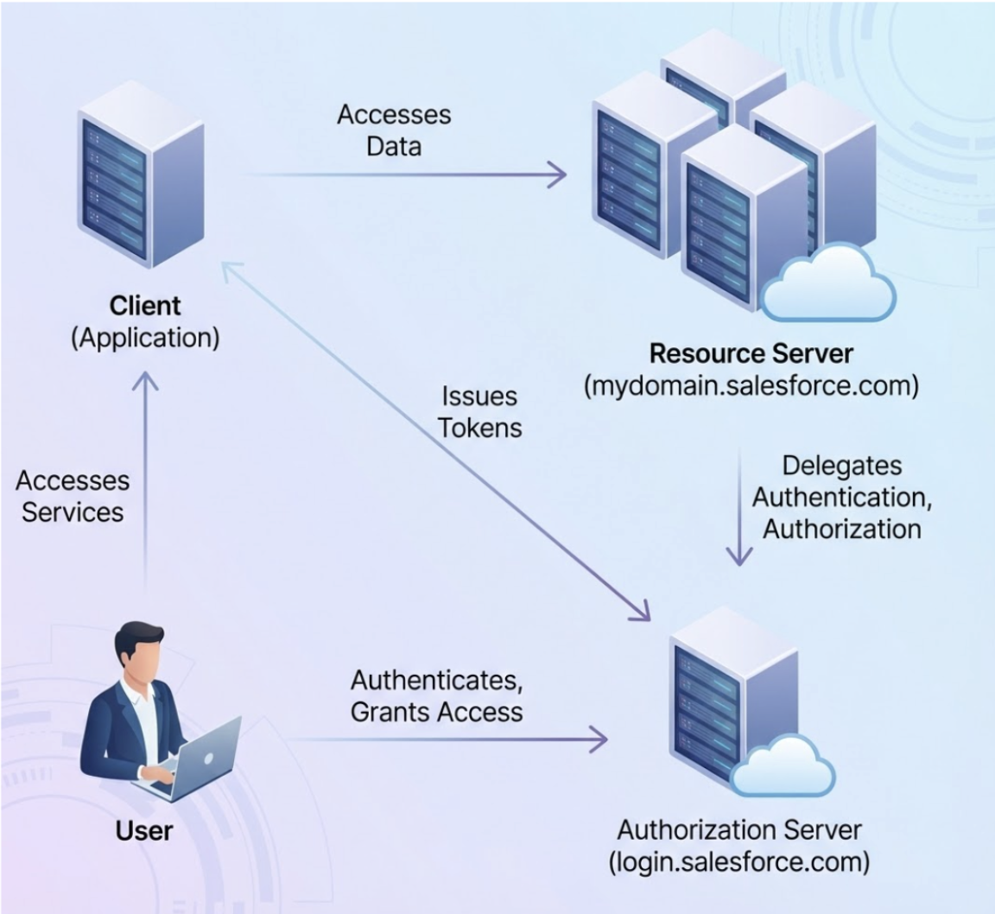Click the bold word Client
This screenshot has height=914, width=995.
coord(145,306)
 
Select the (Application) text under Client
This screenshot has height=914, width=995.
coord(145,337)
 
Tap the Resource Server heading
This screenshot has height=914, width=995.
coord(751,353)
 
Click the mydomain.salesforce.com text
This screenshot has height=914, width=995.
coord(751,384)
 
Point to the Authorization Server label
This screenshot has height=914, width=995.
coord(739,830)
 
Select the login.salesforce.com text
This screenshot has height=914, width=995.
coord(739,861)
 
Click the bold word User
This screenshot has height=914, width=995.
coord(144,831)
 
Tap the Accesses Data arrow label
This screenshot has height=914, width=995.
coord(394,130)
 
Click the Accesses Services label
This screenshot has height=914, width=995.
coord(73,496)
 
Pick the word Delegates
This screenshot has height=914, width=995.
coord(841,466)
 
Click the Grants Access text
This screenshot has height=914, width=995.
coord(437,711)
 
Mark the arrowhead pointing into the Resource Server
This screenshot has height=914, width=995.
coord(558,175)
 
